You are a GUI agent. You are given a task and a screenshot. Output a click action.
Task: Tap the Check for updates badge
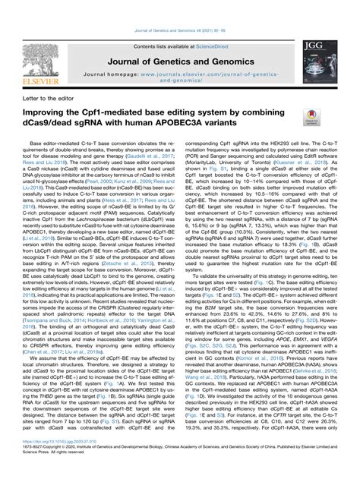311,115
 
